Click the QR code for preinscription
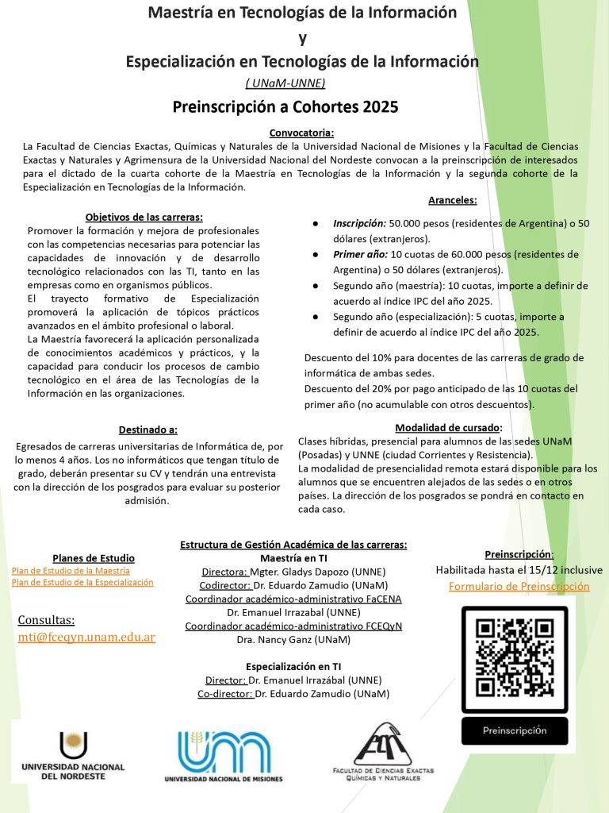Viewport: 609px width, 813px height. click(515, 655)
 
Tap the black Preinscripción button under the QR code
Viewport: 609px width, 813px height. click(515, 730)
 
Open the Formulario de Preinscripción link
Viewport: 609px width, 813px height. click(519, 587)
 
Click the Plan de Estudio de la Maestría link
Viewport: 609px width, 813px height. click(71, 571)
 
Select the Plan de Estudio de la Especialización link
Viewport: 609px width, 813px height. click(82, 583)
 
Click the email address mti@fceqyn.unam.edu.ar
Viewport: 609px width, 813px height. click(86, 638)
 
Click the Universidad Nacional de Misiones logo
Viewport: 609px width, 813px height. click(223, 757)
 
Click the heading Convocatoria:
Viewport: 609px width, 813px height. click(301, 133)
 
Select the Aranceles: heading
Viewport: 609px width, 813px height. click(452, 201)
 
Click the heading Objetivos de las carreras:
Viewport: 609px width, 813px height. click(144, 217)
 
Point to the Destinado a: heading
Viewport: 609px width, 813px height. click(148, 430)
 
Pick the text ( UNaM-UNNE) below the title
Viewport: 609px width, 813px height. click(285, 83)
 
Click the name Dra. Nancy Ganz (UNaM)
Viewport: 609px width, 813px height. click(293, 639)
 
